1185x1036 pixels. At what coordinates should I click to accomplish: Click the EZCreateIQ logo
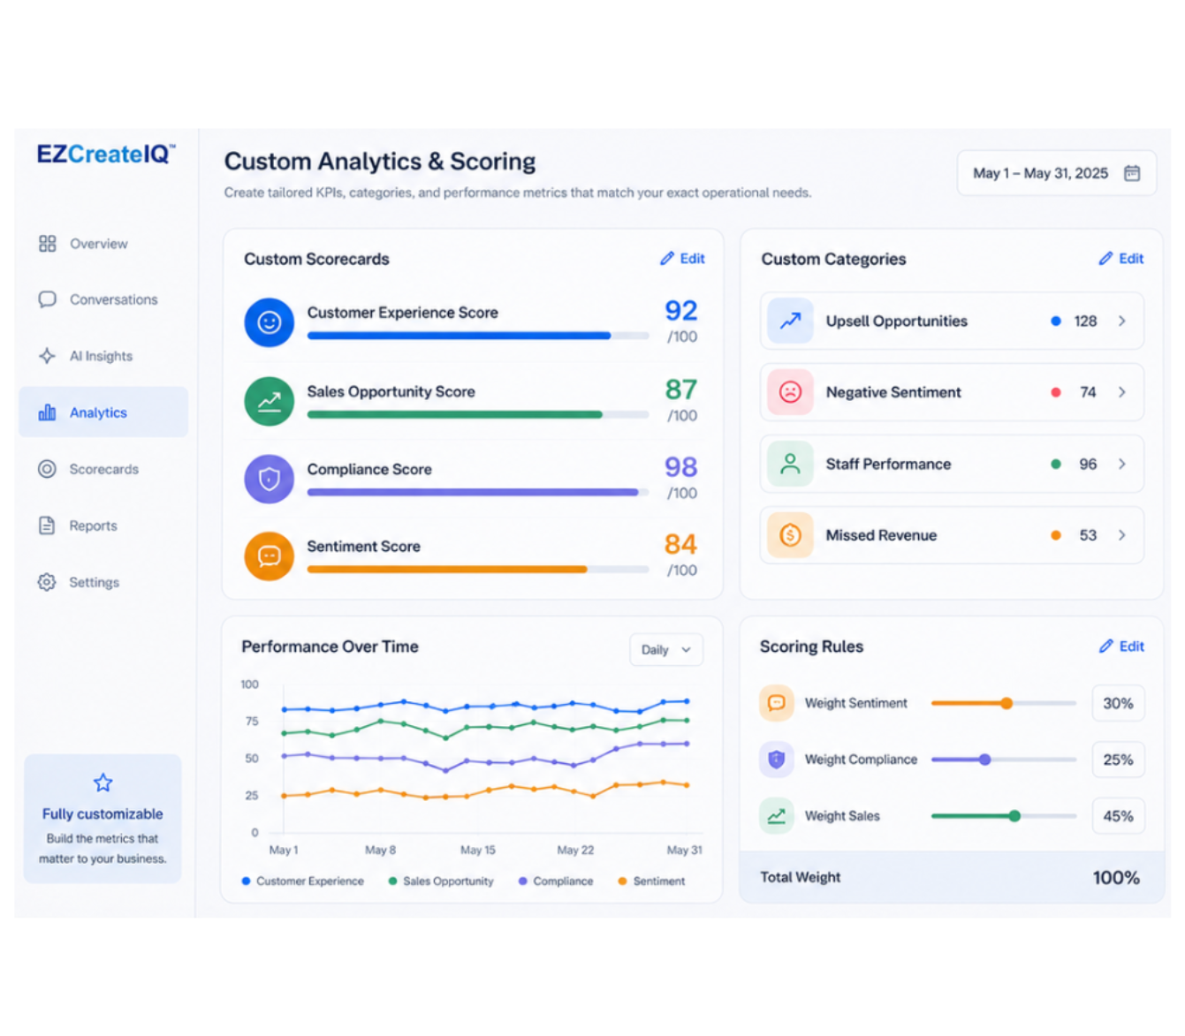[106, 154]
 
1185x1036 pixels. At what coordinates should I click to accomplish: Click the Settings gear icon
[47, 582]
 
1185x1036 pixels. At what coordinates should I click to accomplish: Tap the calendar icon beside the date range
[1132, 173]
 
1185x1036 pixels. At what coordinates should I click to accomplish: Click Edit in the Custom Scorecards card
[683, 258]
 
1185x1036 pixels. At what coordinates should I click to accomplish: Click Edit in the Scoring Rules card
[1121, 646]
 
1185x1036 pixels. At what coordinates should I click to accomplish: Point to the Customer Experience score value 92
[681, 311]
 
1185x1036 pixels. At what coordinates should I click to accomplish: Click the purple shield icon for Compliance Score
[270, 479]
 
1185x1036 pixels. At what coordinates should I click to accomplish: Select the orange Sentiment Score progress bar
[447, 570]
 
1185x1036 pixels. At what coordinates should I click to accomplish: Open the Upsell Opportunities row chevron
[1122, 321]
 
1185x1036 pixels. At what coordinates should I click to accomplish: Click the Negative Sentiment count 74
[1088, 392]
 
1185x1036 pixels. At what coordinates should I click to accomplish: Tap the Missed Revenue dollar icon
[790, 535]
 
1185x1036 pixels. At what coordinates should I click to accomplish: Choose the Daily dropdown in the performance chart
[666, 649]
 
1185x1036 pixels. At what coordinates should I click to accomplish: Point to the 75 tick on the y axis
[252, 722]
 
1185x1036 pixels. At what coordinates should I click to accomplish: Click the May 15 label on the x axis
[478, 850]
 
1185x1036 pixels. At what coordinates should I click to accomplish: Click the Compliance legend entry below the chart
[557, 881]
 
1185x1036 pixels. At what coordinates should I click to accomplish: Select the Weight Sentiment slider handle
[1006, 703]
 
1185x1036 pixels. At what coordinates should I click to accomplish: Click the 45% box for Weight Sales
[1118, 816]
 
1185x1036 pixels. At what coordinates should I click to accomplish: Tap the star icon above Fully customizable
[103, 783]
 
